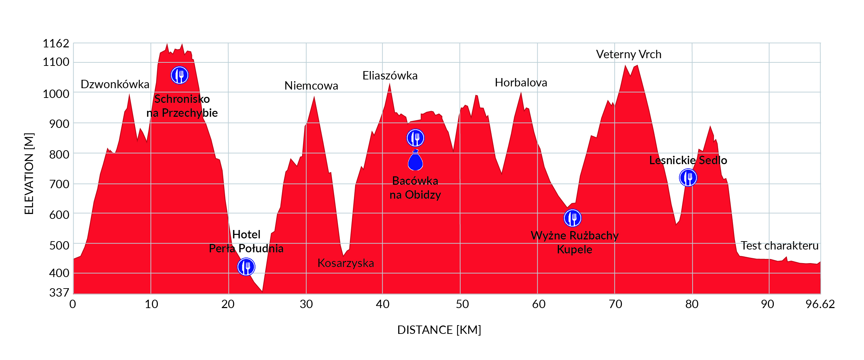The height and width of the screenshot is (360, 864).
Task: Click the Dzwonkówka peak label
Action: [115, 84]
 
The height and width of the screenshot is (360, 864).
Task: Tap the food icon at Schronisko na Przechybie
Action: [179, 75]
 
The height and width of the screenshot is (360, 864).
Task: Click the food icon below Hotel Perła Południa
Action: [246, 267]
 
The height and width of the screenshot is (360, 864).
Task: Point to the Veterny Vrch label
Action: [628, 54]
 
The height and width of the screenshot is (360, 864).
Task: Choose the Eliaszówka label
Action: [390, 76]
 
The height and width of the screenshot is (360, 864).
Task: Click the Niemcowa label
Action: [311, 86]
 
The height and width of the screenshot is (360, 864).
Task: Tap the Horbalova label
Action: [521, 83]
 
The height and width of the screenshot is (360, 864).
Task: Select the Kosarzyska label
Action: [346, 263]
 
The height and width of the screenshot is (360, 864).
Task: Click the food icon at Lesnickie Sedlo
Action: [688, 178]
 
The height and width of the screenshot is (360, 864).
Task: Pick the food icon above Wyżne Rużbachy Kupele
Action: [572, 218]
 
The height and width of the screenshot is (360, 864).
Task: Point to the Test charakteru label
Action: [779, 246]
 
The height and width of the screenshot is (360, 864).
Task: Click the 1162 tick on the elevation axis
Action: [56, 44]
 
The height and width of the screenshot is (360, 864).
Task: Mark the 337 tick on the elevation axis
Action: [59, 292]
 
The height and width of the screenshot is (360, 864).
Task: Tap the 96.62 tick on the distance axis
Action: [820, 304]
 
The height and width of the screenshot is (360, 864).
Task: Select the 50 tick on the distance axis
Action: [462, 304]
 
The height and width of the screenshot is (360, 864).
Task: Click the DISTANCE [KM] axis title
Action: [439, 330]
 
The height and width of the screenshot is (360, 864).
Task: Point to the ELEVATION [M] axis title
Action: [29, 174]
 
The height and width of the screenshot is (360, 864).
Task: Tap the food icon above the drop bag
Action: [415, 138]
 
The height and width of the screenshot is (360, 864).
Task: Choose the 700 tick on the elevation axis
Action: [59, 184]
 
